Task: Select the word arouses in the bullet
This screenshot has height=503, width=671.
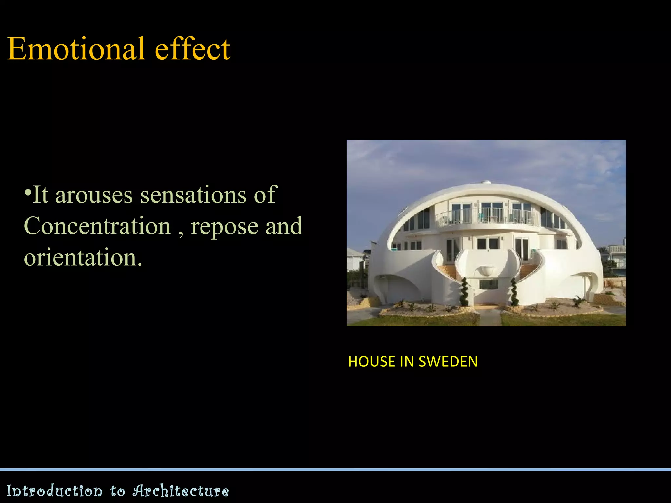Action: coord(94,195)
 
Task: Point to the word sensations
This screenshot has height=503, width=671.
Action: coord(193,195)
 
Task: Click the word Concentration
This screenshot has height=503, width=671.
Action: coord(98,226)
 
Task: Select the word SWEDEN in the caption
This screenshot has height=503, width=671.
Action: coord(448,362)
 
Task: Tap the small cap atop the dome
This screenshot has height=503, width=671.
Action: coord(486,182)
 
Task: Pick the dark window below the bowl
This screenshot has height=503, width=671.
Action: coord(488,284)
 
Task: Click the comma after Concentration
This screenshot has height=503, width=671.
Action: coord(181,233)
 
